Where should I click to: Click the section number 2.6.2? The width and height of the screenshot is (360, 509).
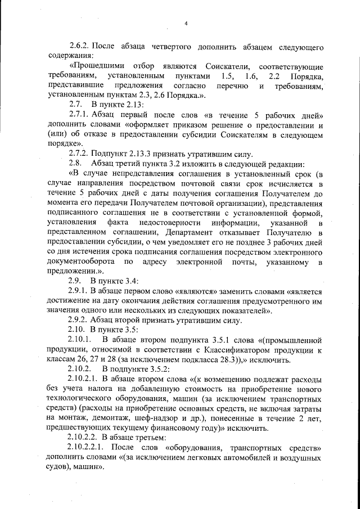coord(79,45)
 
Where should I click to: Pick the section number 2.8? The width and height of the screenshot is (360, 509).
coord(75,165)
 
